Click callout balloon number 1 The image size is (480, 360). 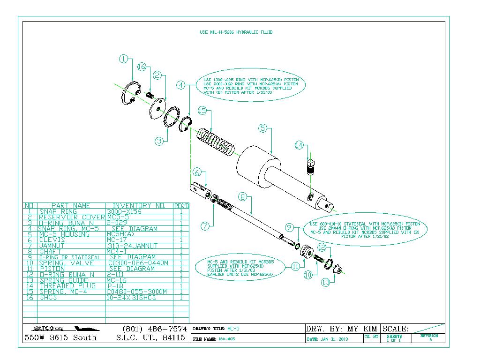click(123, 59)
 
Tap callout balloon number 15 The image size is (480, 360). click(202, 111)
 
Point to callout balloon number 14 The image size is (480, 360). click(300, 145)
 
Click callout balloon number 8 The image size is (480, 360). click(242, 197)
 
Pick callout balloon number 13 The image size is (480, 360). click(326, 282)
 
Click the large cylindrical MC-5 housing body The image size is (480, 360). click(260, 165)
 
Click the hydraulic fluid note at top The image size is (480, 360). click(236, 32)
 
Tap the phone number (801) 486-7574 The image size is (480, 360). click(154, 329)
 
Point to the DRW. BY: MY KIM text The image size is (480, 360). click(342, 329)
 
